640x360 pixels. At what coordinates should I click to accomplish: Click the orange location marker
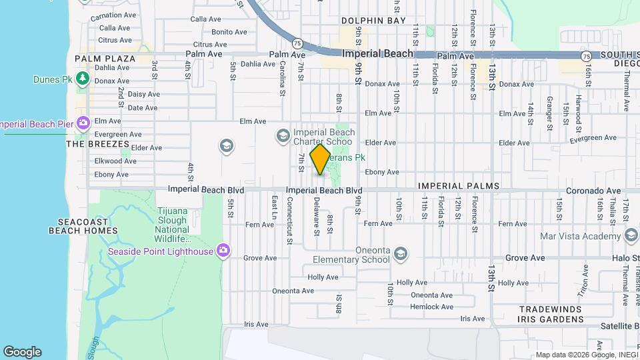321,160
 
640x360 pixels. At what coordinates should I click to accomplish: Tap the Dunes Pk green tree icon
82,79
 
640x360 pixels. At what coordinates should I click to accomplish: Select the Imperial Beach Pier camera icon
83,123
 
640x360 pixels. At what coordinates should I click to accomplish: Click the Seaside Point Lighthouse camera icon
223,251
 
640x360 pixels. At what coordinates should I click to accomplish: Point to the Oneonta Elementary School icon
400,253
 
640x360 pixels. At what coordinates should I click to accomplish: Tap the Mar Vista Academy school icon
631,235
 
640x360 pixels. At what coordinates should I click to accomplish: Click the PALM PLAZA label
105,59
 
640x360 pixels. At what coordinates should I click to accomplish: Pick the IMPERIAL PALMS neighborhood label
459,186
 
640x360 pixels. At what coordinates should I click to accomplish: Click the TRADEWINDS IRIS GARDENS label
551,314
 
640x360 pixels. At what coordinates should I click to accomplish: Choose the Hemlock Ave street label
431,307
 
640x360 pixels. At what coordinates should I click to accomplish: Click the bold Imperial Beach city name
377,53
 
